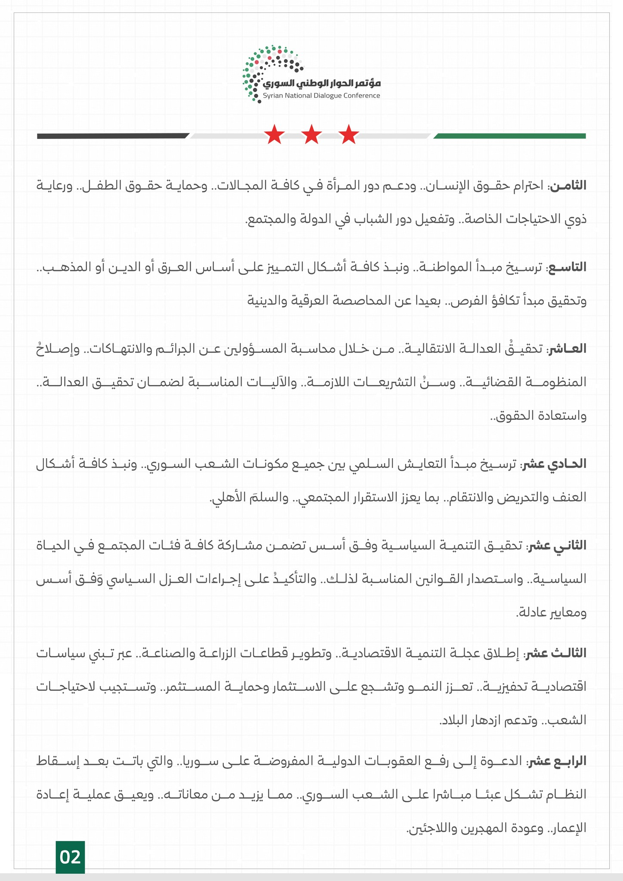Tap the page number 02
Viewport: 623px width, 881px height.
click(x=70, y=857)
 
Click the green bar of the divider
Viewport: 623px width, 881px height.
click(x=510, y=136)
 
